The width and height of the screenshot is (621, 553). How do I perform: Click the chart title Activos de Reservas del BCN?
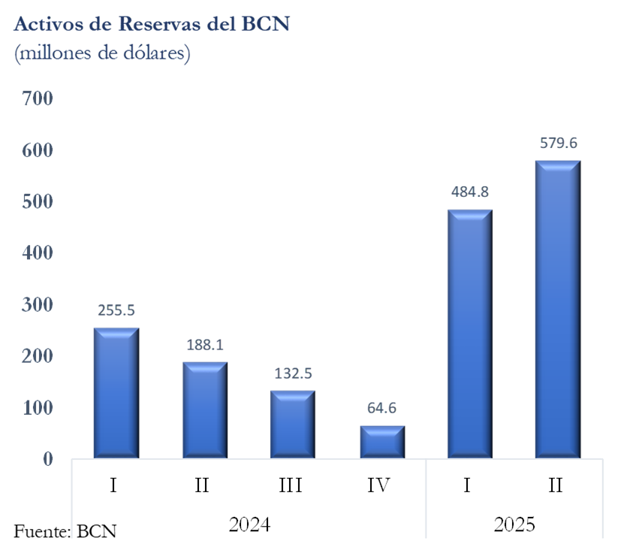tap(152, 24)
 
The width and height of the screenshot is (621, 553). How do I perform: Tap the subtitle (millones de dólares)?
tap(101, 54)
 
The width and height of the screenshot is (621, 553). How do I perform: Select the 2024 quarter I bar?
tap(116, 392)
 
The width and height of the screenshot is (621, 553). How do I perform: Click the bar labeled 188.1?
tap(204, 409)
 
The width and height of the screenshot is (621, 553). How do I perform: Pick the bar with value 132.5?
tap(293, 424)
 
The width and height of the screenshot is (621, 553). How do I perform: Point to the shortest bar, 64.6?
tap(381, 441)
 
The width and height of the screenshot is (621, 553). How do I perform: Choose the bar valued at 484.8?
tap(469, 334)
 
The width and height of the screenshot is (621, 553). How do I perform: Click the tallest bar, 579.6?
tap(558, 309)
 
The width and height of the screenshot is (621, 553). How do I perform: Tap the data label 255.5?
tap(116, 310)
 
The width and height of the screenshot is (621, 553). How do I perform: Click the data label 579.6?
tap(558, 143)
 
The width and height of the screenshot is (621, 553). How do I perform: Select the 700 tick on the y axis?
tap(37, 98)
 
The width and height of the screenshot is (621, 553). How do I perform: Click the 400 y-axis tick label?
tap(37, 253)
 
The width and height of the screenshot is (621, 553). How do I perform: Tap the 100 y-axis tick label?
tap(37, 407)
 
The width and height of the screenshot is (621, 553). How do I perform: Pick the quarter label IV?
tap(380, 485)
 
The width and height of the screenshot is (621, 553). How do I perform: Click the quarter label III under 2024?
tap(291, 485)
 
